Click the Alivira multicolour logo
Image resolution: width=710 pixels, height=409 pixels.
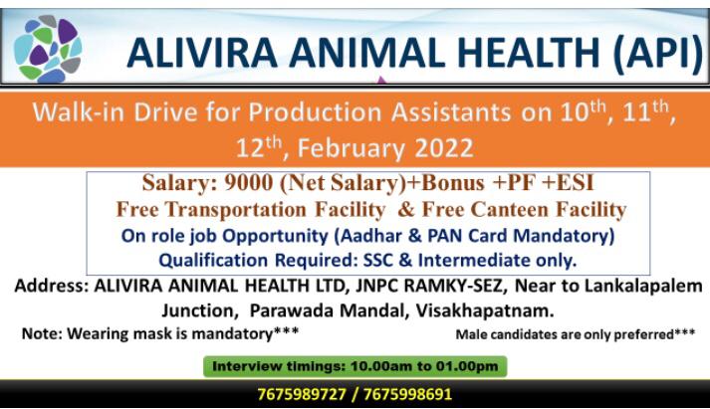coord(48,49)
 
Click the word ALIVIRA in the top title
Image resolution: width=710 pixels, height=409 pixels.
coord(202,53)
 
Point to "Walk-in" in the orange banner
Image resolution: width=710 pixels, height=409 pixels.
coord(79,111)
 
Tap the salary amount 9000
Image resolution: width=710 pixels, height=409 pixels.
coord(249,183)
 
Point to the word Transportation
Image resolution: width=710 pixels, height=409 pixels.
coord(236,210)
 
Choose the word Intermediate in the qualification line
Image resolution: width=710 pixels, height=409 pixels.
coord(474,261)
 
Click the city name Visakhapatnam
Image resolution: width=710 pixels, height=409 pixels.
coord(485,310)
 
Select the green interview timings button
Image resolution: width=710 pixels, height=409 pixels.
coord(355,366)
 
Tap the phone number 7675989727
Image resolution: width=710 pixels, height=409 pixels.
coord(302,394)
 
